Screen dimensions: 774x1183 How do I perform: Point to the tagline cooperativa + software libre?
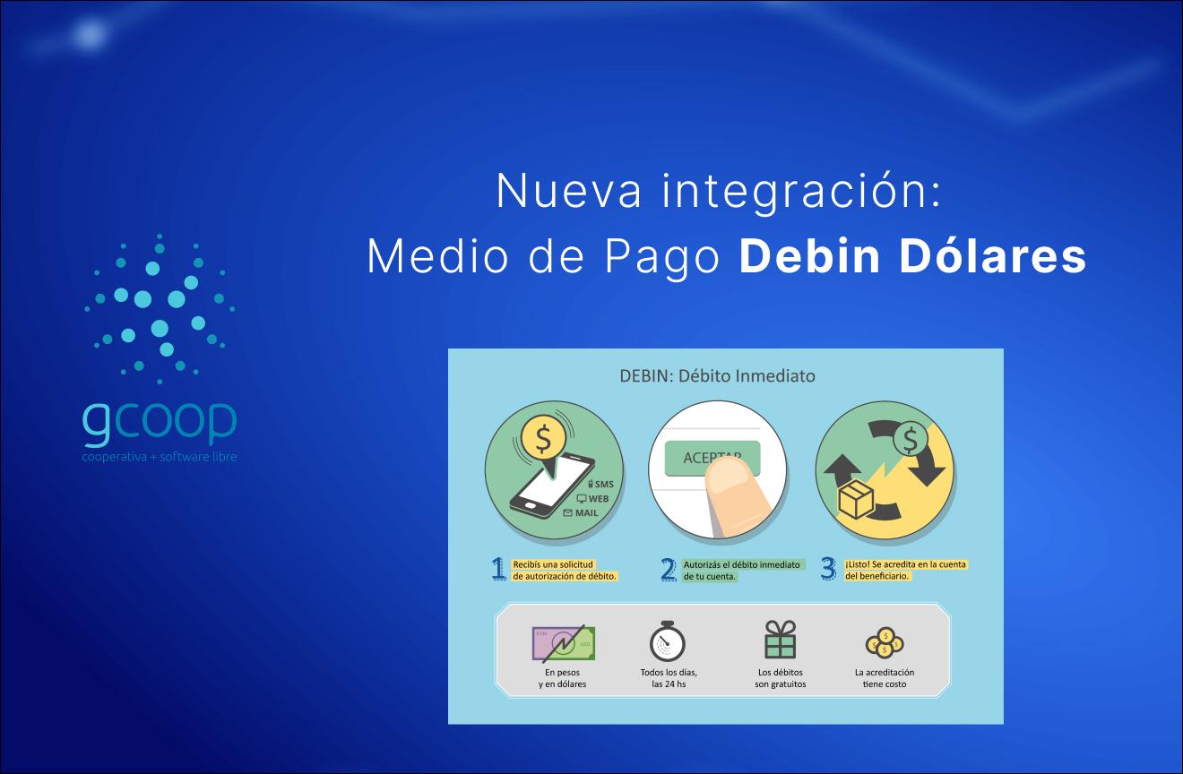[x=160, y=457]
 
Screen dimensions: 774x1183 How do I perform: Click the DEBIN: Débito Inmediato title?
[x=717, y=375]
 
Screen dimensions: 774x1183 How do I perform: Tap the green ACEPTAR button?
[x=712, y=457]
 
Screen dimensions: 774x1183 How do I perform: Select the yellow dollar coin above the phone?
[x=542, y=439]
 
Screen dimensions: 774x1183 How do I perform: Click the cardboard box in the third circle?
[x=855, y=498]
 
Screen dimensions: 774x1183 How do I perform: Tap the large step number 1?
[x=498, y=570]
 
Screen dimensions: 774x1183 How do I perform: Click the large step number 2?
[x=668, y=570]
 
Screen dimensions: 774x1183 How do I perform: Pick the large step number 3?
[x=828, y=570]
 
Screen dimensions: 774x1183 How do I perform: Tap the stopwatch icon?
[x=668, y=641]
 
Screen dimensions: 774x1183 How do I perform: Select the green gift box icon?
[x=780, y=641]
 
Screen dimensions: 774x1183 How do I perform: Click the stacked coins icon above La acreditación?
[x=885, y=642]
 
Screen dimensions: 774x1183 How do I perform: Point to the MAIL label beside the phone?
[x=586, y=512]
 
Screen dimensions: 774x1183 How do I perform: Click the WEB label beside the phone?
[x=598, y=498]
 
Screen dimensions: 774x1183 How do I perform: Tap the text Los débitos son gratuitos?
[x=780, y=678]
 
